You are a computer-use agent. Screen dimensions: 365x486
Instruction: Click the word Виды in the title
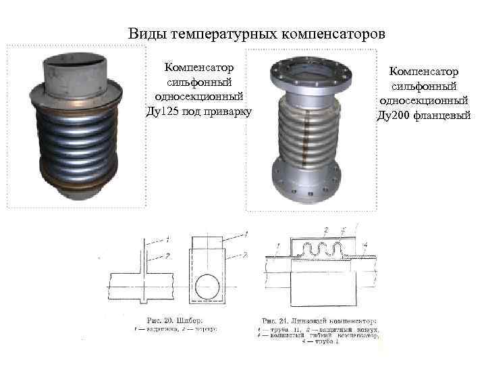tap(148, 33)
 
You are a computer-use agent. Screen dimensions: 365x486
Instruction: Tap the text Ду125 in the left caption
tap(163, 111)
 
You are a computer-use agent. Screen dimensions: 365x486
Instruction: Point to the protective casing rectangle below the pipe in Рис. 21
tap(323, 291)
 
